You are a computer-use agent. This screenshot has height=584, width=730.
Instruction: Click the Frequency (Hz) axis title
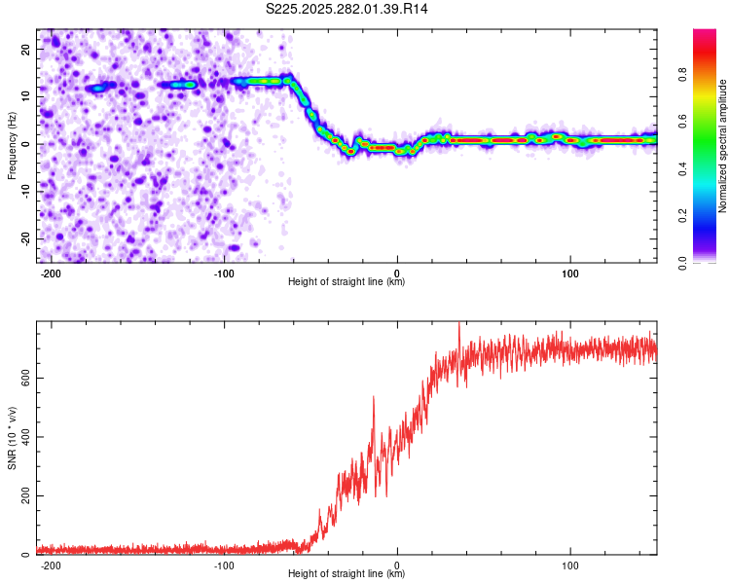[x=12, y=145]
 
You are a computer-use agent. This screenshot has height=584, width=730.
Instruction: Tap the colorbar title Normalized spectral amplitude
[x=722, y=146]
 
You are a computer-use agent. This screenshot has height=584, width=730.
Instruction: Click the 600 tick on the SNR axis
[x=21, y=378]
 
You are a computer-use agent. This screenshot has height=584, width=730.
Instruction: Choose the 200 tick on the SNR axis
[x=21, y=496]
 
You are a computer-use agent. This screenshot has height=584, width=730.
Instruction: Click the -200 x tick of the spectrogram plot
[x=51, y=272]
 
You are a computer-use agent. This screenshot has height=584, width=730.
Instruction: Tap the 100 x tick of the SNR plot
[x=570, y=565]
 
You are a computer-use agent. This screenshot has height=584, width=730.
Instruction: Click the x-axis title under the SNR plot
[x=347, y=574]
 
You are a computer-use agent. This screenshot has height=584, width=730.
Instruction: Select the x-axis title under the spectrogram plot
[x=347, y=282]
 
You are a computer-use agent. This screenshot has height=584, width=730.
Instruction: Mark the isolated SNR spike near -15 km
[x=373, y=398]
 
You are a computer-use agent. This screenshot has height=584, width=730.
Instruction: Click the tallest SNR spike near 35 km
[x=458, y=325]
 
